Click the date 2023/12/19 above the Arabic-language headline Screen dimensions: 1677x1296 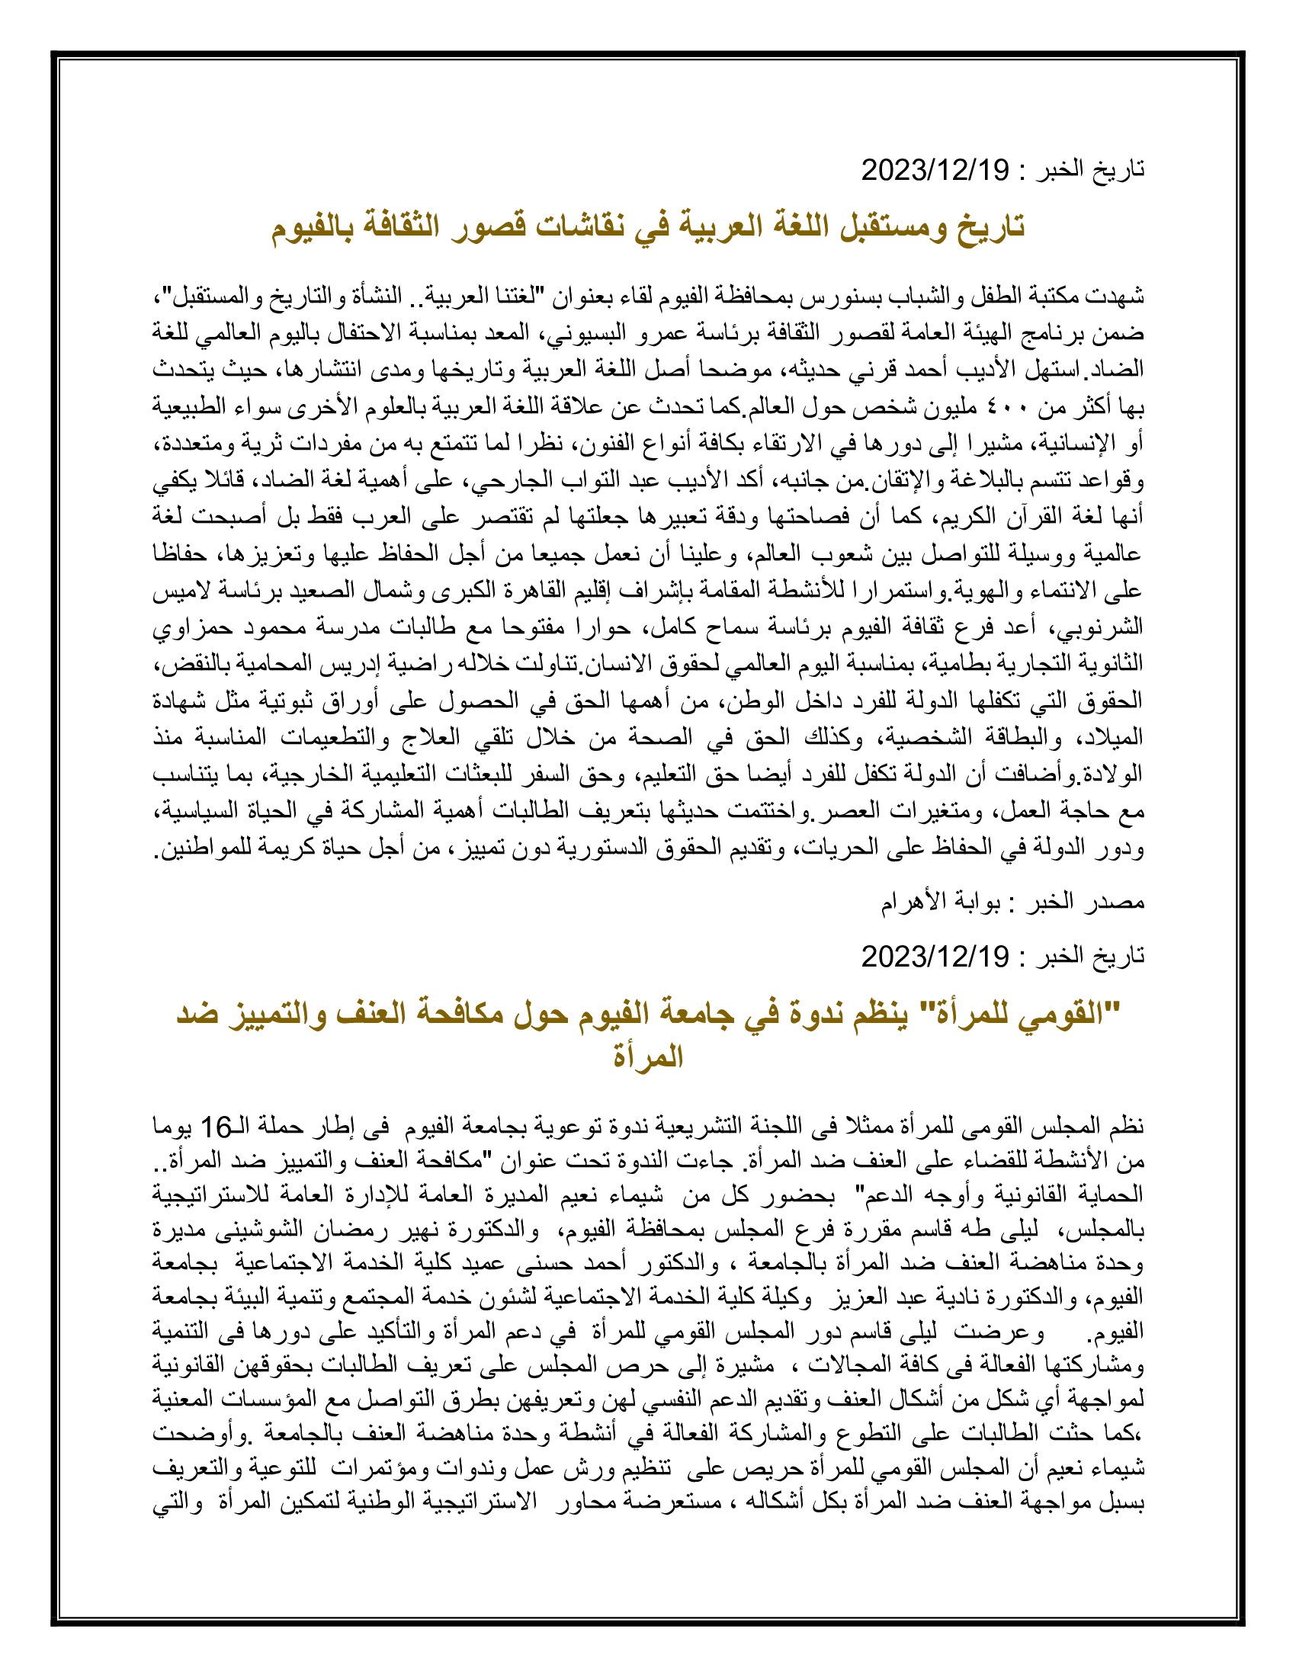point(935,170)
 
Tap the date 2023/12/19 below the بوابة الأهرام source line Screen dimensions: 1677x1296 point(935,957)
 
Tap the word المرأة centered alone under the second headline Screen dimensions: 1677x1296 point(647,1057)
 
